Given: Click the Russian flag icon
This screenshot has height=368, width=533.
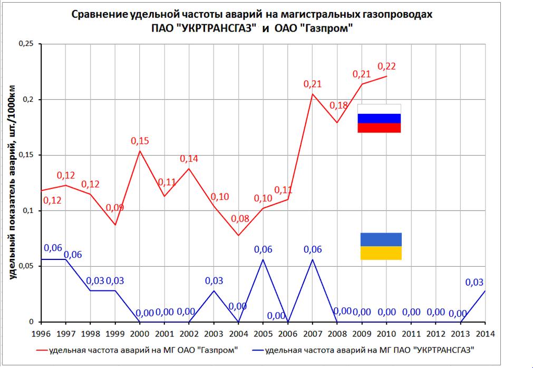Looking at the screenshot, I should point(379,119).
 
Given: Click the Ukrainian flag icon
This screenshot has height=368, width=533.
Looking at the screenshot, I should point(381,246).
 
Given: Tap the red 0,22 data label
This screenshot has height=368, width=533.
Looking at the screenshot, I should point(386,66).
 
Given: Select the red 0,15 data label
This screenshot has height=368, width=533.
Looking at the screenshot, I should point(139,141).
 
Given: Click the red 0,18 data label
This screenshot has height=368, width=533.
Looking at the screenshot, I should point(338,105).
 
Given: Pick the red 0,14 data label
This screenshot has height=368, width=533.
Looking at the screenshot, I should point(189,158).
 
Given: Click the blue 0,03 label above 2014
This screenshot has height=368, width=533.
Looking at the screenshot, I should point(474,282).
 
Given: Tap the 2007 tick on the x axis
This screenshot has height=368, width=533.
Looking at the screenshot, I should point(312,333).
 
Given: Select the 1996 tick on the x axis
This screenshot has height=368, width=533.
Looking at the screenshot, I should point(41,333).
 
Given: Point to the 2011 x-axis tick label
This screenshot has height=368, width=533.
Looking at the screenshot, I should point(411,333).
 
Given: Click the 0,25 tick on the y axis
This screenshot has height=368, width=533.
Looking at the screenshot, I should point(26,44).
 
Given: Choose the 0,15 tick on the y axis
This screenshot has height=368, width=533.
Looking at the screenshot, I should point(26,155).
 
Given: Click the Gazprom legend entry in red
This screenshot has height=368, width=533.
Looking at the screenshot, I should point(137,350).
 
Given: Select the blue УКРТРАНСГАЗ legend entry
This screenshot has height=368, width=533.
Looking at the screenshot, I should point(369,350).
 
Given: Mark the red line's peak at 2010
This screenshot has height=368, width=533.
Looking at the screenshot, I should point(386,76).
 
